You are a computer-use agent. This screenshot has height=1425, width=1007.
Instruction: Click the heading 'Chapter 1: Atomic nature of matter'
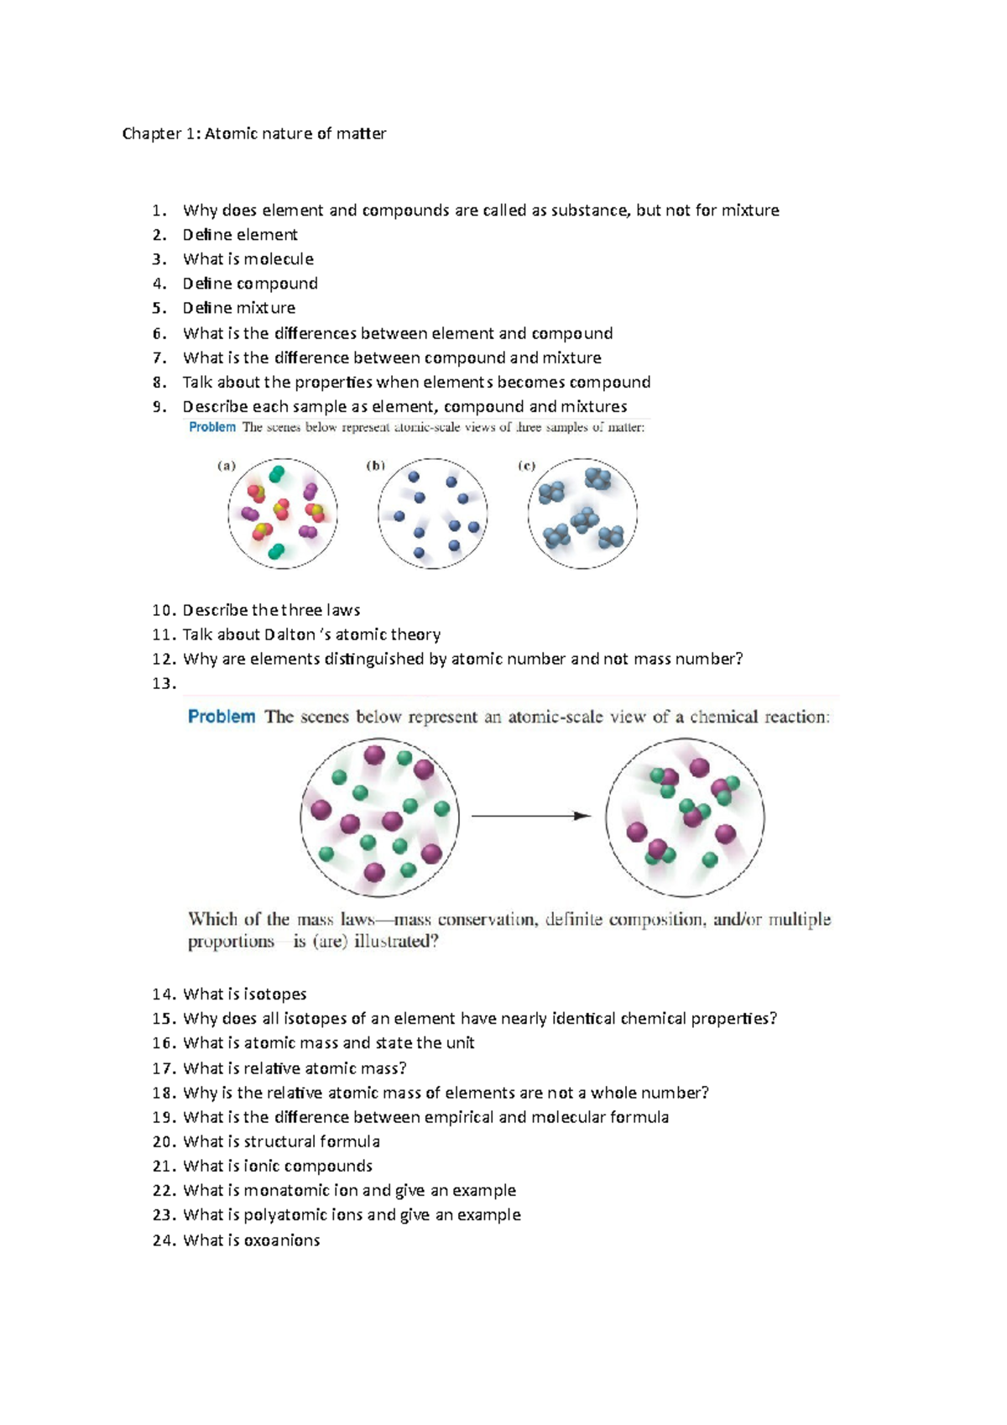click(x=253, y=133)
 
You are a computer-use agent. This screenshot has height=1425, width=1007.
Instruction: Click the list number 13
click(x=164, y=683)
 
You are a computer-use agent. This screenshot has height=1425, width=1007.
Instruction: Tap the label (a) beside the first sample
click(x=227, y=466)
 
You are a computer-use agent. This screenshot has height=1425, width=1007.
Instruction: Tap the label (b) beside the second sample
click(x=376, y=466)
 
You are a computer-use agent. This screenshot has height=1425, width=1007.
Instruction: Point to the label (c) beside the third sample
click(x=526, y=466)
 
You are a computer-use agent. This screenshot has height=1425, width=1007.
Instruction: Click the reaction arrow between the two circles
click(x=530, y=816)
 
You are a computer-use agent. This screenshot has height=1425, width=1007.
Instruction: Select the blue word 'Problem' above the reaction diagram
click(x=222, y=717)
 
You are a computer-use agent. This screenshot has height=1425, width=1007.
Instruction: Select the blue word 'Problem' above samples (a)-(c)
click(x=212, y=427)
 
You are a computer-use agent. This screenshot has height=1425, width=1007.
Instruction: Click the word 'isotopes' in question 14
click(x=274, y=994)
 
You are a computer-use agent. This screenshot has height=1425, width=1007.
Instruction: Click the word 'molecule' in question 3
click(x=279, y=259)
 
